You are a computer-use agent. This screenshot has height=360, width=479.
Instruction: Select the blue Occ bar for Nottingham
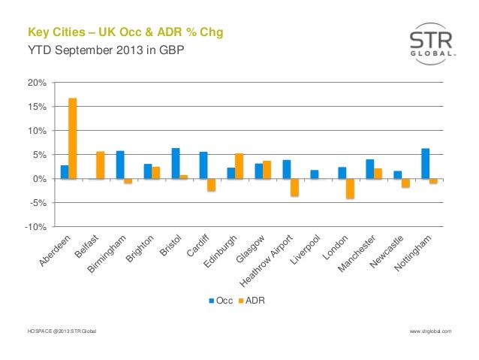[x=426, y=164]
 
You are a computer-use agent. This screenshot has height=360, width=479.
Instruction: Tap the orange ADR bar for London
[x=350, y=189]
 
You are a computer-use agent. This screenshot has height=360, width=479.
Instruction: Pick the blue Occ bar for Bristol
[x=176, y=164]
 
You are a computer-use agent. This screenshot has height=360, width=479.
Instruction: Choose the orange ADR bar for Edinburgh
[x=239, y=166]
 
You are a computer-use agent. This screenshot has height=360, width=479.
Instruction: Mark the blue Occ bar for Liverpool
[x=314, y=174]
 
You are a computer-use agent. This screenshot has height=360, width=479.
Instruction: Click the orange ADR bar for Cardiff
[x=212, y=185]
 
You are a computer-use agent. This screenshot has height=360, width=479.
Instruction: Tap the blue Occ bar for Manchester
[x=370, y=169]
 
